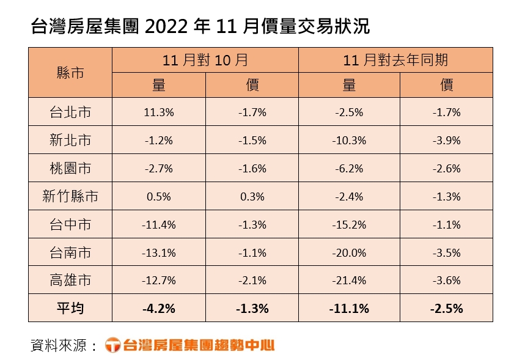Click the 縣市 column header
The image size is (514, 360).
click(x=70, y=72)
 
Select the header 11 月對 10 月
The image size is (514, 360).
click(x=205, y=60)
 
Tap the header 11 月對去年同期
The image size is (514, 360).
click(x=395, y=60)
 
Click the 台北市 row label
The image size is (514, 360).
click(x=70, y=112)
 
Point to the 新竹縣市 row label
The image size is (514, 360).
click(x=70, y=197)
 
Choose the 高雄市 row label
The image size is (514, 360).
click(x=70, y=281)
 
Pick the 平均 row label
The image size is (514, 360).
click(x=70, y=309)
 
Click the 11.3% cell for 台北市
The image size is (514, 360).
click(x=159, y=112)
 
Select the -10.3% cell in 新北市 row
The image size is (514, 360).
click(x=349, y=141)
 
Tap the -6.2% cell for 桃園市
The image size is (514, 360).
click(x=349, y=169)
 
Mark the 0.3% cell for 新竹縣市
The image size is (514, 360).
click(x=252, y=197)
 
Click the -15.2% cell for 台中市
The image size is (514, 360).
click(x=349, y=225)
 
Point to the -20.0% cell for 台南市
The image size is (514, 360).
click(x=349, y=252)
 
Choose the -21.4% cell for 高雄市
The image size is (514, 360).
click(x=349, y=281)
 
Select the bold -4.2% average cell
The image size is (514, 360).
click(x=159, y=309)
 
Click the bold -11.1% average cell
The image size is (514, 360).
click(x=349, y=309)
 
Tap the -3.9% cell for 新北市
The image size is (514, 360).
click(x=447, y=141)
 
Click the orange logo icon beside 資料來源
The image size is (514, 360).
click(x=113, y=345)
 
